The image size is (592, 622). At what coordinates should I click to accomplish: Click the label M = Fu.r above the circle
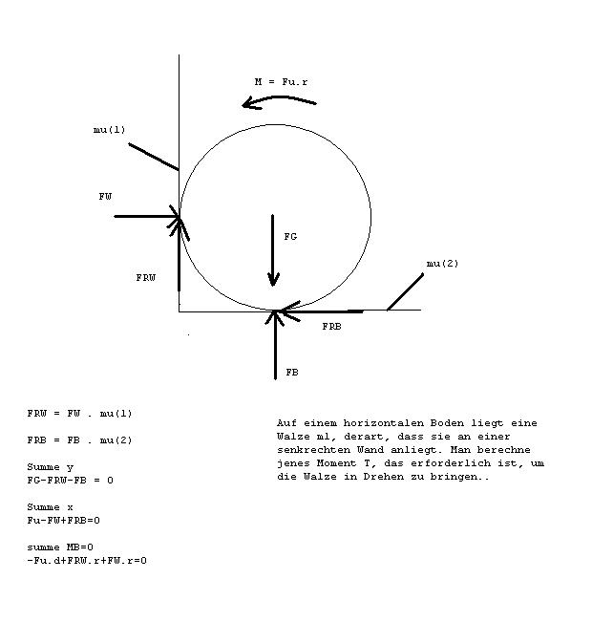pyautogui.click(x=281, y=82)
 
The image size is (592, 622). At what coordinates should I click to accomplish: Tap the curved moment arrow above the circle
pyautogui.click(x=280, y=98)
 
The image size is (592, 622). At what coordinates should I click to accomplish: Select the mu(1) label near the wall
pyautogui.click(x=110, y=130)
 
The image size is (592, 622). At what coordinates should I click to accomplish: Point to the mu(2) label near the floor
pyautogui.click(x=442, y=264)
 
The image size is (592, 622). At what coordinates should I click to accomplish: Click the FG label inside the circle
pyautogui.click(x=290, y=237)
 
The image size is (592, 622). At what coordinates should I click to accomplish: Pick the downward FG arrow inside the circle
pyautogui.click(x=273, y=250)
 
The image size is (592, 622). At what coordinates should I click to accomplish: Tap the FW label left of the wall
pyautogui.click(x=105, y=197)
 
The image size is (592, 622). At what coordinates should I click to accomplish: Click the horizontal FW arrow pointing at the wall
pyautogui.click(x=147, y=217)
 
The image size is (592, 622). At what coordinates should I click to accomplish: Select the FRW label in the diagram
pyautogui.click(x=146, y=278)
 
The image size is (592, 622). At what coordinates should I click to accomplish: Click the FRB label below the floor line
pyautogui.click(x=331, y=327)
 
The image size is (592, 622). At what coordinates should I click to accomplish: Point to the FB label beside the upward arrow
pyautogui.click(x=292, y=373)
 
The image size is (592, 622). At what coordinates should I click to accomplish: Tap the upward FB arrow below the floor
pyautogui.click(x=275, y=345)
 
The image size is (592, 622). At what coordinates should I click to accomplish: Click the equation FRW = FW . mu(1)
pyautogui.click(x=79, y=414)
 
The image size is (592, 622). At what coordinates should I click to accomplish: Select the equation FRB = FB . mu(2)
pyautogui.click(x=79, y=440)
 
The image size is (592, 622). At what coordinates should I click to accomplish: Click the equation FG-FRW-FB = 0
pyautogui.click(x=71, y=481)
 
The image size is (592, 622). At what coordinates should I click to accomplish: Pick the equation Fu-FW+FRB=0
pyautogui.click(x=63, y=521)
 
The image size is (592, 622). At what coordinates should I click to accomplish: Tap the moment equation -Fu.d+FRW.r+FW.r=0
pyautogui.click(x=87, y=561)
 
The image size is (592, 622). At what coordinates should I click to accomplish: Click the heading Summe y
pyautogui.click(x=50, y=467)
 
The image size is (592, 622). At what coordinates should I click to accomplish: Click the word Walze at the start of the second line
pyautogui.click(x=293, y=437)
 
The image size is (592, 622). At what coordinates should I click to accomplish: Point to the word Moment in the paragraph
pyautogui.click(x=336, y=463)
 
